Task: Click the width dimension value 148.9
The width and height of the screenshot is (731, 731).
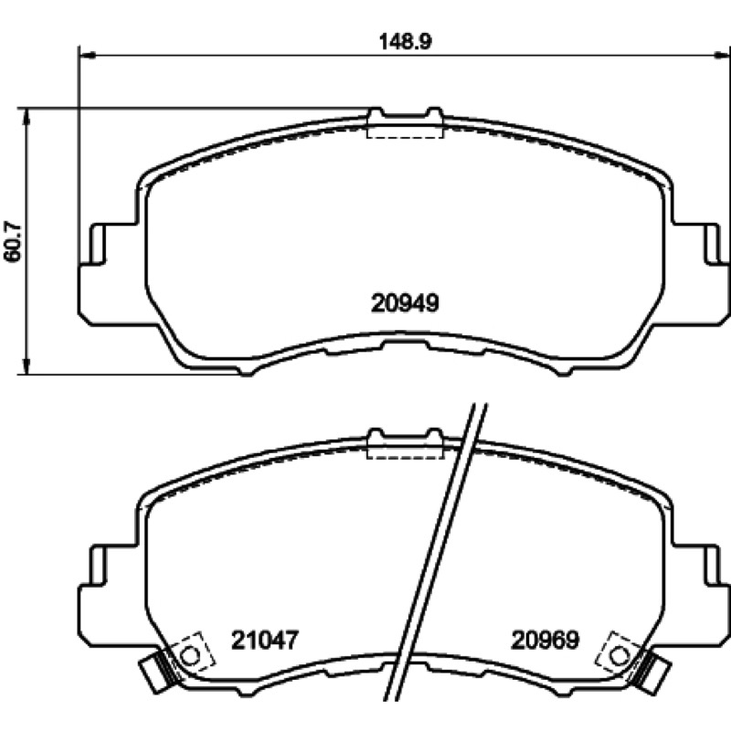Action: (x=405, y=41)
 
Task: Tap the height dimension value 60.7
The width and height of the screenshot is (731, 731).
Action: (x=13, y=241)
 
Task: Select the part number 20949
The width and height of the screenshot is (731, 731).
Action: (x=405, y=303)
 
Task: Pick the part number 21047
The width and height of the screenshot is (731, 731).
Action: (x=264, y=641)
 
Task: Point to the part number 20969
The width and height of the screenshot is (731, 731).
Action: (x=545, y=641)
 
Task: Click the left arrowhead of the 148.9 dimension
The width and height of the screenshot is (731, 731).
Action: (x=88, y=56)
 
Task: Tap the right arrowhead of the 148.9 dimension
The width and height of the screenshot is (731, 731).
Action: (x=722, y=56)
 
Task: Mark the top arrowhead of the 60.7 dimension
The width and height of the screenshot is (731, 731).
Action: (x=27, y=116)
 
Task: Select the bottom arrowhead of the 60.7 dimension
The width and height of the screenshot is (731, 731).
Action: (x=27, y=366)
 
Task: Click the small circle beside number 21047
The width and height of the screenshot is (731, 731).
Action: (x=190, y=656)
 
